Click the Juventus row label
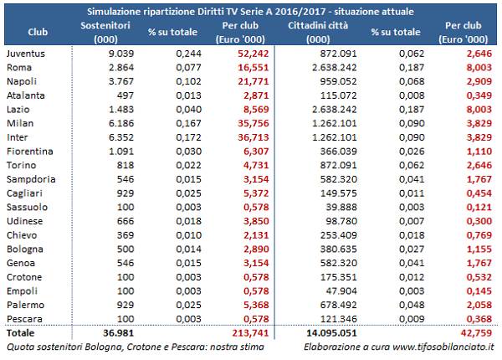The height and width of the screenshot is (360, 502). point(26,54)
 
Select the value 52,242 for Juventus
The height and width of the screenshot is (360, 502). point(253,54)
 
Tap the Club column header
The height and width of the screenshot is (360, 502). point(38,32)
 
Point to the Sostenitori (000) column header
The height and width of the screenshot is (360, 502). point(105,33)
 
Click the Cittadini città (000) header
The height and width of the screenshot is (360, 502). point(318,33)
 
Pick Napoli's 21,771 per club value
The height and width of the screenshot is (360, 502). point(253,81)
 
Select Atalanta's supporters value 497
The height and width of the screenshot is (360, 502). point(125,95)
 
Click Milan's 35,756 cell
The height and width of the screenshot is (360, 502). point(253,123)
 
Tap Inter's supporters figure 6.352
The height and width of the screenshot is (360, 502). point(121,137)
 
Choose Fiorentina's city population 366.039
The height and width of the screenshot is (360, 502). point(338,152)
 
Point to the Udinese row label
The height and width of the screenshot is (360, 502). point(24,221)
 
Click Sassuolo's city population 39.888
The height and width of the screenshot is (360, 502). point(341,208)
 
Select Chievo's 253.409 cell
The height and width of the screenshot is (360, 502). point(338,235)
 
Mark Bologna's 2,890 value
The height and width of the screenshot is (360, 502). point(256,249)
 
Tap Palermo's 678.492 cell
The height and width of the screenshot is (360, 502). point(338,305)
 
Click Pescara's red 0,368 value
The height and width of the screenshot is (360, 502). point(479,319)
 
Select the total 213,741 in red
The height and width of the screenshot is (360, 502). point(250,333)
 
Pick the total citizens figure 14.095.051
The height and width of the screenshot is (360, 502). point(331,333)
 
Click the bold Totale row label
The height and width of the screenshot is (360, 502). point(20,333)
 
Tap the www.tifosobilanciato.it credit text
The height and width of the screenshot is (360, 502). point(443,347)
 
